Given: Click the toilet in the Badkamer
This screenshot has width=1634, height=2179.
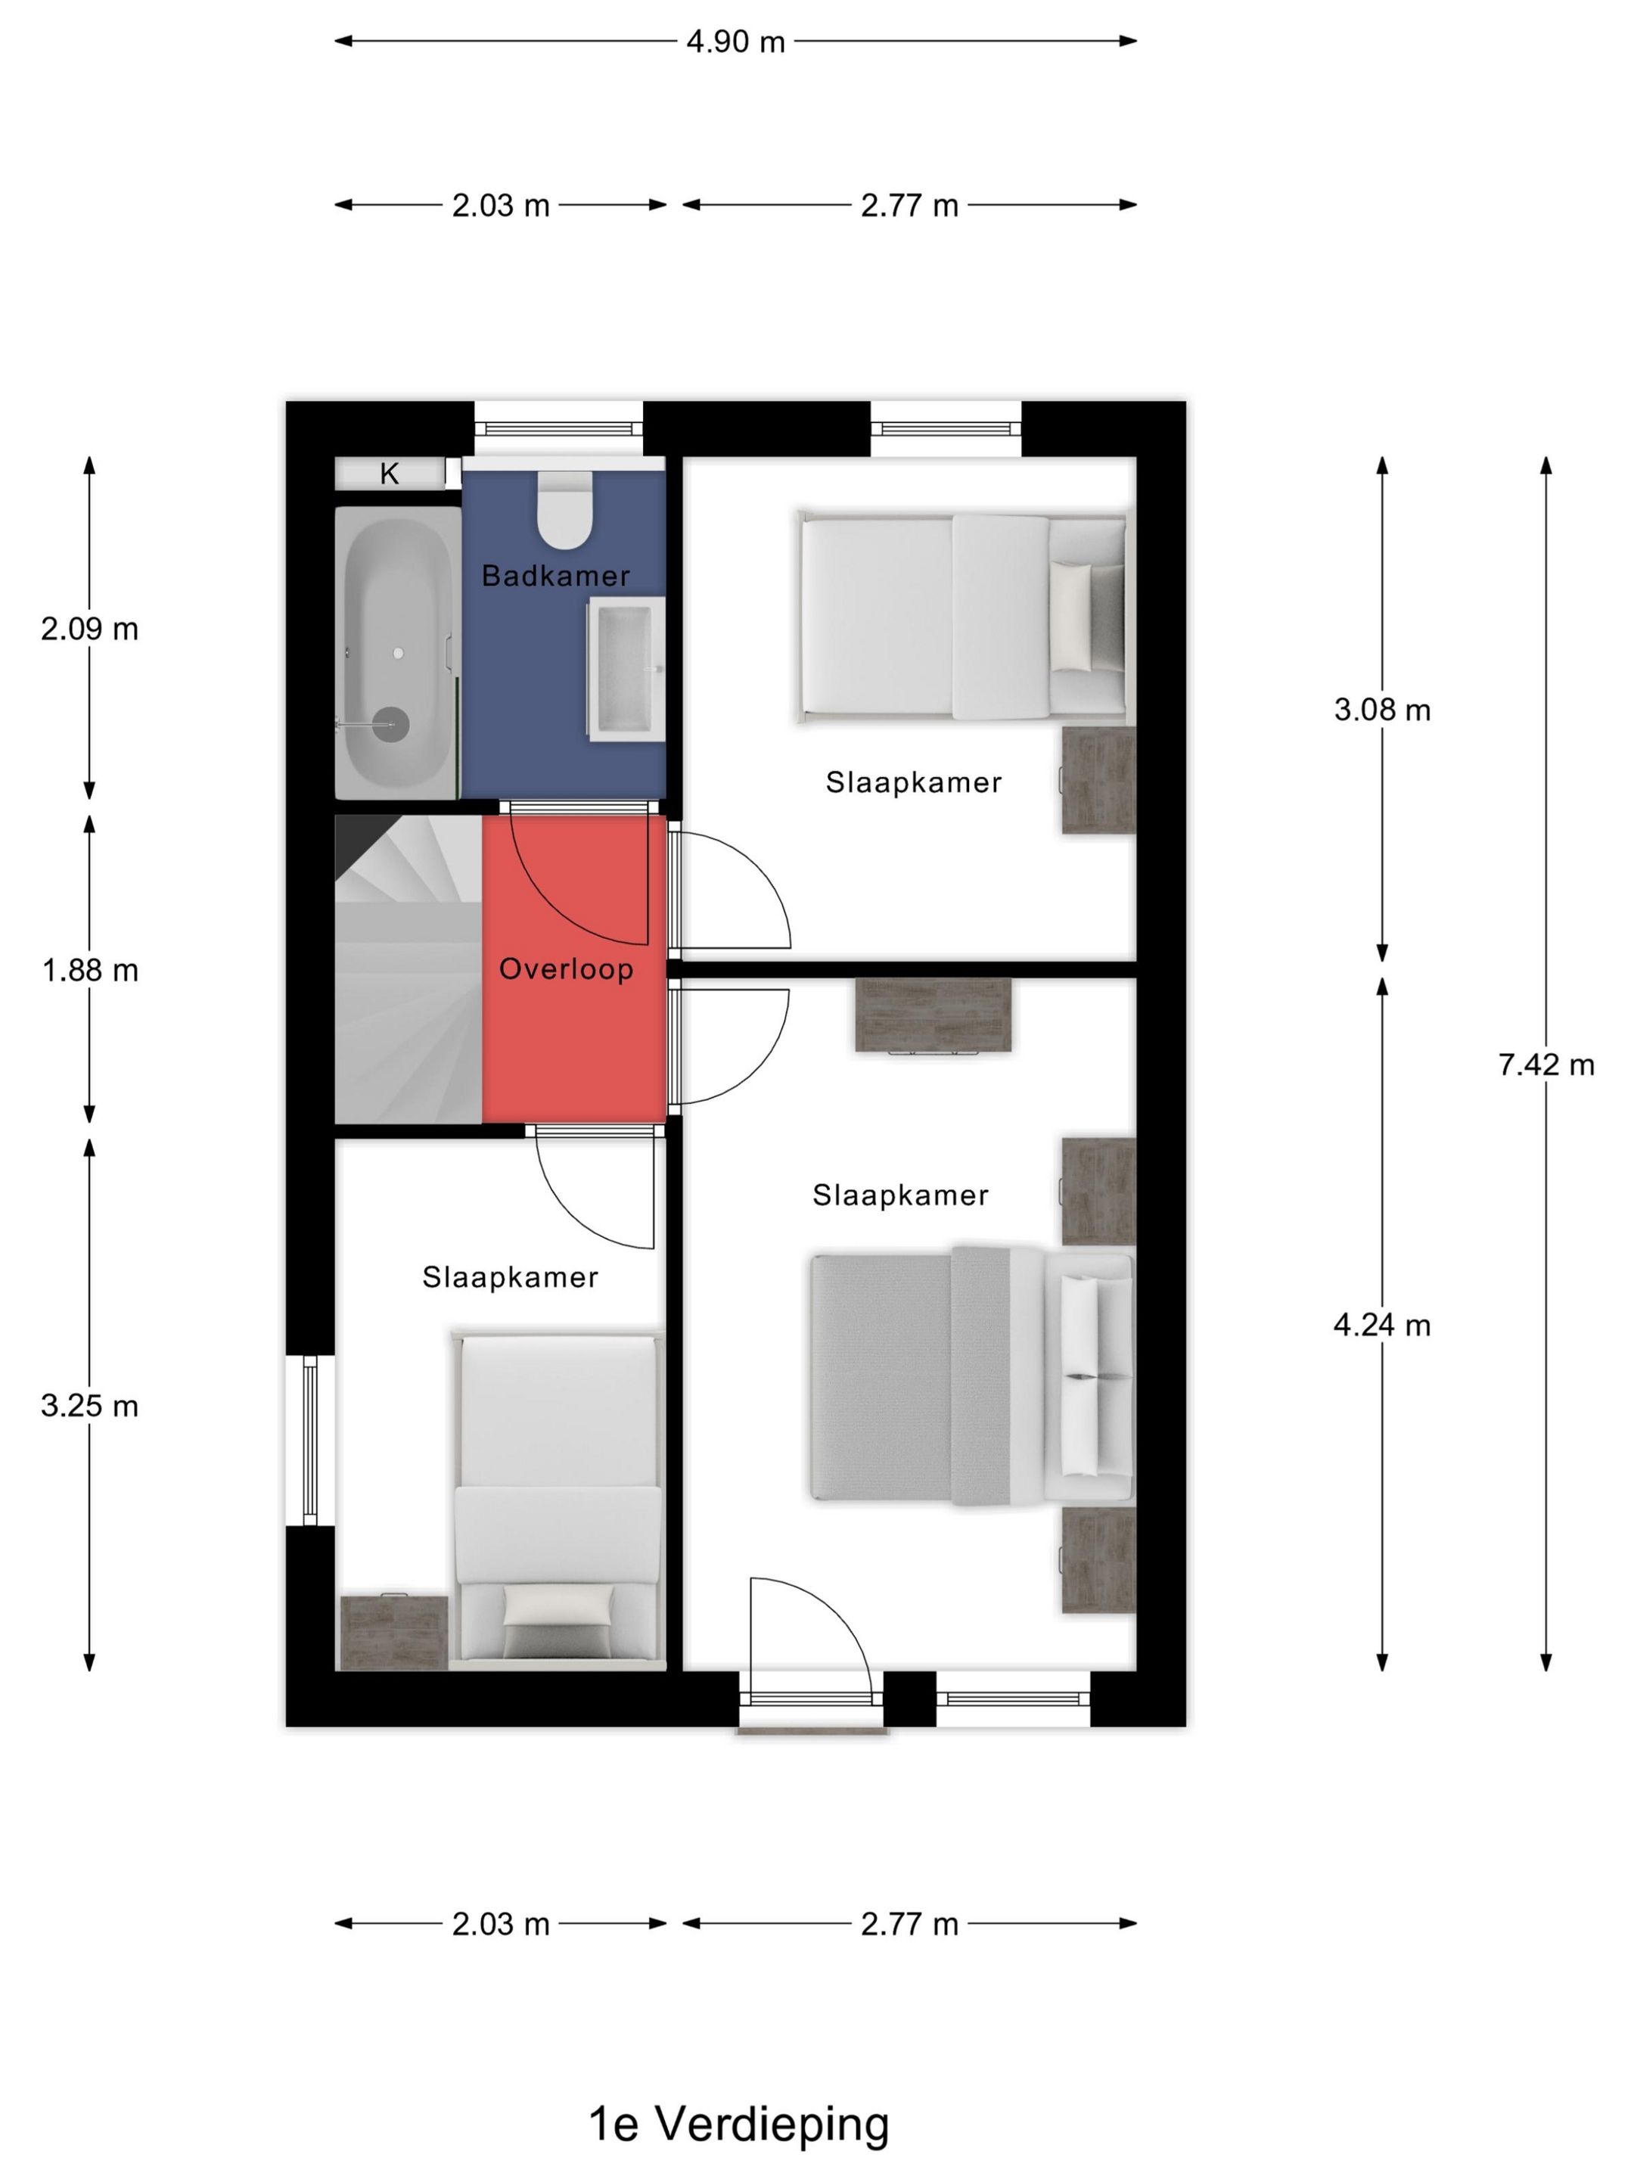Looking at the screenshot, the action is [564, 510].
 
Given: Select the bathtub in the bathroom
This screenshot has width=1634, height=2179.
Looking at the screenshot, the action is [397, 652].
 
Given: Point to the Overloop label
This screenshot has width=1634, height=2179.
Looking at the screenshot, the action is [567, 969].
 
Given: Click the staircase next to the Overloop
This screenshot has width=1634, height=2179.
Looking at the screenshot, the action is [408, 969].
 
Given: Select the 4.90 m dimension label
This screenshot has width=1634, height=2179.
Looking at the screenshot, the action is [736, 42].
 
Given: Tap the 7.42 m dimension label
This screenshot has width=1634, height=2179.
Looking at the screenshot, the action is [1546, 1065].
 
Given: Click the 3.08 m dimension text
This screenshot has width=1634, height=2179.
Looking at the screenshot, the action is [1382, 709].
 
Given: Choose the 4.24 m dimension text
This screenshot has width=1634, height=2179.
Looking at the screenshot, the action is [1382, 1325].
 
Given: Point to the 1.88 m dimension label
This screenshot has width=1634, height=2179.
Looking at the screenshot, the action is [89, 970].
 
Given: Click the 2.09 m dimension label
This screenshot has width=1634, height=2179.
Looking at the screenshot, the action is [89, 629].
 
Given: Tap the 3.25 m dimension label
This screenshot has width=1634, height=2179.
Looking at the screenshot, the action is [89, 1406].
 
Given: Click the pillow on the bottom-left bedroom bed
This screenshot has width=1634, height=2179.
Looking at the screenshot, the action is [558, 1604].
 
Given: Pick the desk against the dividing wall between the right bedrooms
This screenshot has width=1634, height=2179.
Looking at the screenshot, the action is [933, 1015].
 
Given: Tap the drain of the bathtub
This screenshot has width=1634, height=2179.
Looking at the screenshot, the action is [393, 725].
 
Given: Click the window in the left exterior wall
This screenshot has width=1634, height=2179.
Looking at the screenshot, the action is [310, 1441].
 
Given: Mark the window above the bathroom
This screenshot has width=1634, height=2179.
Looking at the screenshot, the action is [558, 428].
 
